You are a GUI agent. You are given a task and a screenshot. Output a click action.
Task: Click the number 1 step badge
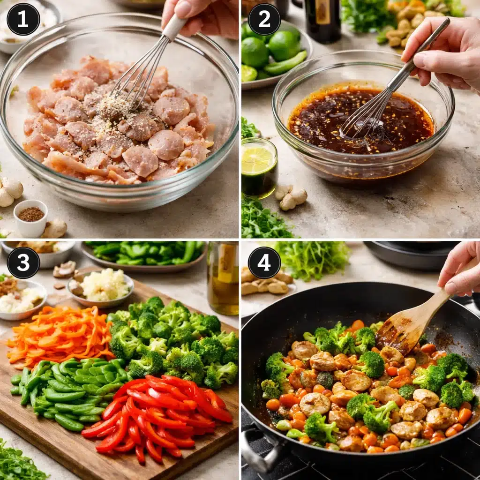click(23, 19)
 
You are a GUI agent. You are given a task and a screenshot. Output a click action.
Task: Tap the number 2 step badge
click(264, 19)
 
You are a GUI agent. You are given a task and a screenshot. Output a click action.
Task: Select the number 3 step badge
click(23, 262)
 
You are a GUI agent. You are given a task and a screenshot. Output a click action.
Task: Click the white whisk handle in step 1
click(174, 27)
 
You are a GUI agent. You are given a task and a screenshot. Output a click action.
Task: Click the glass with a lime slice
click(259, 167)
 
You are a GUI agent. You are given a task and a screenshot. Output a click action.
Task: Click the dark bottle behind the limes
click(323, 19)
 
